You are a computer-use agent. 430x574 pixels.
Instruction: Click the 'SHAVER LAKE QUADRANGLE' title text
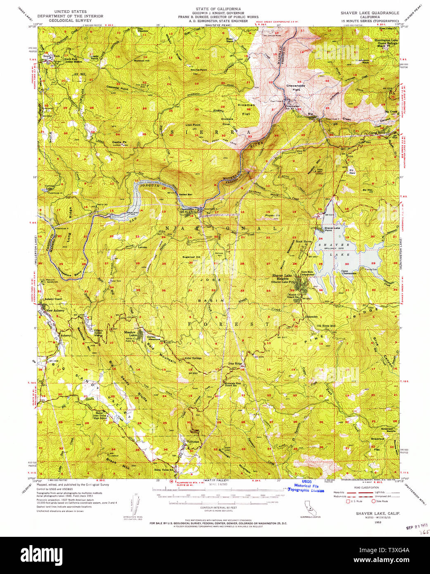click(x=370, y=13)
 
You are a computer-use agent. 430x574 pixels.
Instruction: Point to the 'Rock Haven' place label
click(x=304, y=242)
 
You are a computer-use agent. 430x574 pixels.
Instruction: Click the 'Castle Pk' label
click(x=119, y=142)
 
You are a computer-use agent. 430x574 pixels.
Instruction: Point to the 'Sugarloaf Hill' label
click(x=191, y=257)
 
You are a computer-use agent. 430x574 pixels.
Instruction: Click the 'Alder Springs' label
click(x=193, y=358)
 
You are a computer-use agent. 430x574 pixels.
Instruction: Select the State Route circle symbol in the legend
click(x=373, y=501)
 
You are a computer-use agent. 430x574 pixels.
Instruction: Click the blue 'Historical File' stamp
click(x=306, y=486)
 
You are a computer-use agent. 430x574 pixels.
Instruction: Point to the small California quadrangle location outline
click(x=309, y=507)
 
